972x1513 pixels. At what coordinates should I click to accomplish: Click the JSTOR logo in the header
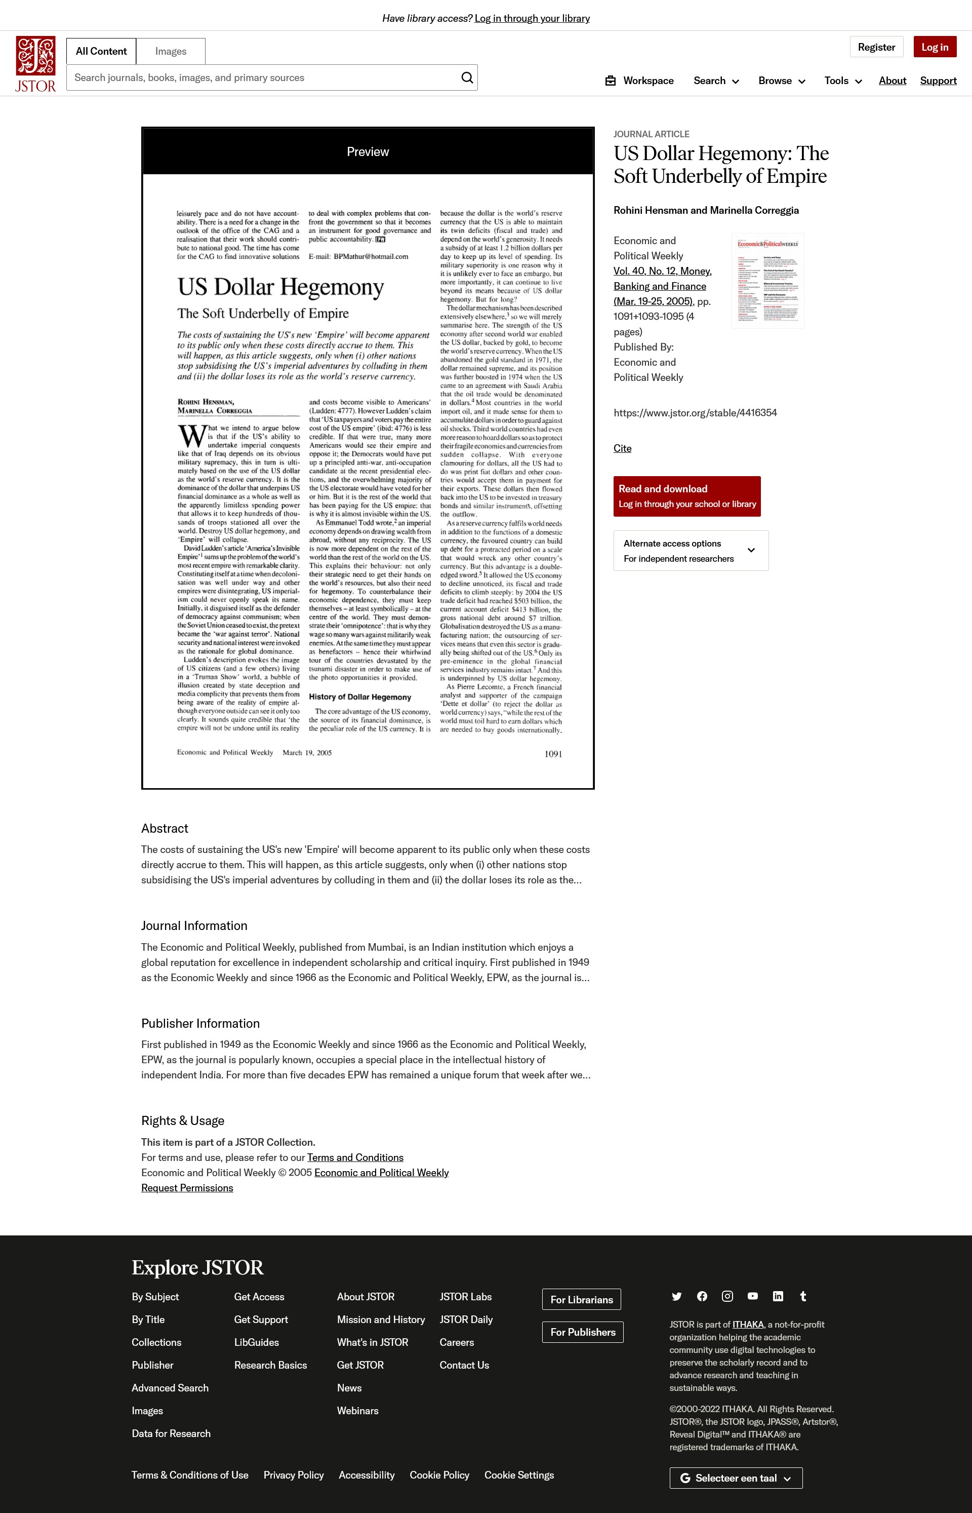click(35, 64)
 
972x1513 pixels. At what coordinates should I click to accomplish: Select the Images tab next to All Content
click(171, 51)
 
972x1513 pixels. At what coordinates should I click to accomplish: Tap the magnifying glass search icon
click(467, 77)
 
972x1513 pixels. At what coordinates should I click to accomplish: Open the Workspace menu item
click(639, 81)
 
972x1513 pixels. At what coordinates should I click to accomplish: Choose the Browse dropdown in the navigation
click(781, 81)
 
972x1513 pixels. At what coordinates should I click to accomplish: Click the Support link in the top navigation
click(938, 81)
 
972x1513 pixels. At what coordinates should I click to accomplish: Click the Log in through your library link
click(532, 18)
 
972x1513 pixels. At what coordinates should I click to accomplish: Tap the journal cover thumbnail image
click(767, 281)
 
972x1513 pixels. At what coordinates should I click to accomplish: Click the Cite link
click(622, 448)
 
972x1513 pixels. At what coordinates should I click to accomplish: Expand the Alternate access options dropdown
click(691, 551)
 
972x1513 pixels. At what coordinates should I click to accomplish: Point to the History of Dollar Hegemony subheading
click(360, 697)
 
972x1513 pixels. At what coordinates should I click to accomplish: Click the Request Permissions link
click(187, 1188)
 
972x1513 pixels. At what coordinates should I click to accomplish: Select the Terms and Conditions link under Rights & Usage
click(355, 1157)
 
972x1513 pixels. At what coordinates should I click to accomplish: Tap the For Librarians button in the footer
click(581, 1300)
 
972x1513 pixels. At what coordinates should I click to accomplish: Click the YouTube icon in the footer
click(752, 1296)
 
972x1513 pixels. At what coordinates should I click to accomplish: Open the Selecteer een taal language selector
click(735, 1478)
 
